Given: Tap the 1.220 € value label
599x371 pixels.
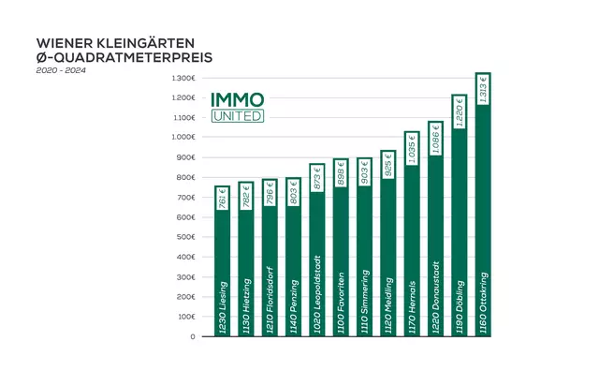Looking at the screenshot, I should point(459,113).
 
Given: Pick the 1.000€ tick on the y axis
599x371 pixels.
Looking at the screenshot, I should point(183,137).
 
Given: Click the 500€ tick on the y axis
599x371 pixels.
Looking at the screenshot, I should point(185,237).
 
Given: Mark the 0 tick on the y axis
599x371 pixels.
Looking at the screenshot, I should point(192,336).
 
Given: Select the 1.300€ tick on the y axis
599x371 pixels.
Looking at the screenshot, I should point(183,77).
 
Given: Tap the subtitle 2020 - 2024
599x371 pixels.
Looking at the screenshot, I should point(57,71).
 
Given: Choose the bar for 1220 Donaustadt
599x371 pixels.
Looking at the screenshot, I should point(434,234).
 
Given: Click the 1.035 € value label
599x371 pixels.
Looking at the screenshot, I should point(411,147).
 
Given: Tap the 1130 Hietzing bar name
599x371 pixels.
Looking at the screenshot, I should point(245,304).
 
